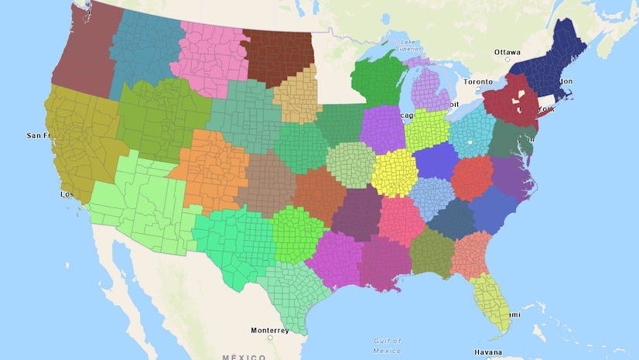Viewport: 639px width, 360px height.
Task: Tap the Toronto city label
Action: point(477,81)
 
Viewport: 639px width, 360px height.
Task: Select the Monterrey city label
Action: point(270,330)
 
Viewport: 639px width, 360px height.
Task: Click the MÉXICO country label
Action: point(244,357)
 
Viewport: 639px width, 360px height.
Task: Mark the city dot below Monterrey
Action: point(271,338)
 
